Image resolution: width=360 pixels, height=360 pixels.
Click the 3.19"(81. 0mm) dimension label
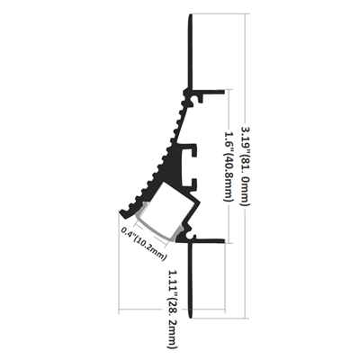(246, 166)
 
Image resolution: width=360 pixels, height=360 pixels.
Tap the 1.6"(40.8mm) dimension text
(229, 166)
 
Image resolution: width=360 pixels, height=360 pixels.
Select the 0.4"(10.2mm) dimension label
(144, 244)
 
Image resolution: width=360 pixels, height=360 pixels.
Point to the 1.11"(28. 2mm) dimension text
(173, 309)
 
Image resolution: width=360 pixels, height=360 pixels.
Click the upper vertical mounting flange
(190, 51)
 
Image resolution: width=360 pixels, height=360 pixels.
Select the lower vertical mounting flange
(190, 280)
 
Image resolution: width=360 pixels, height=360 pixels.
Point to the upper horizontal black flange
(208, 92)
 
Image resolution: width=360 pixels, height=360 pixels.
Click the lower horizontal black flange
(208, 241)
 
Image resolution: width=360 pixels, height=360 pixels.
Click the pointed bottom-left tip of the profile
(119, 212)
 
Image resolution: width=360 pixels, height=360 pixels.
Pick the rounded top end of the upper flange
(190, 14)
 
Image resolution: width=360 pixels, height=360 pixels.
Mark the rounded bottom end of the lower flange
(190, 318)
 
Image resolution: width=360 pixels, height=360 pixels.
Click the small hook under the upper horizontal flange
(200, 98)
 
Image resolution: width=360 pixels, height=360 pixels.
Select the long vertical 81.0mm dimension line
(246, 166)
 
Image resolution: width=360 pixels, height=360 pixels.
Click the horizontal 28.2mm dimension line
(172, 309)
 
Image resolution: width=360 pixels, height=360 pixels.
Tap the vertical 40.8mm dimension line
(229, 166)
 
